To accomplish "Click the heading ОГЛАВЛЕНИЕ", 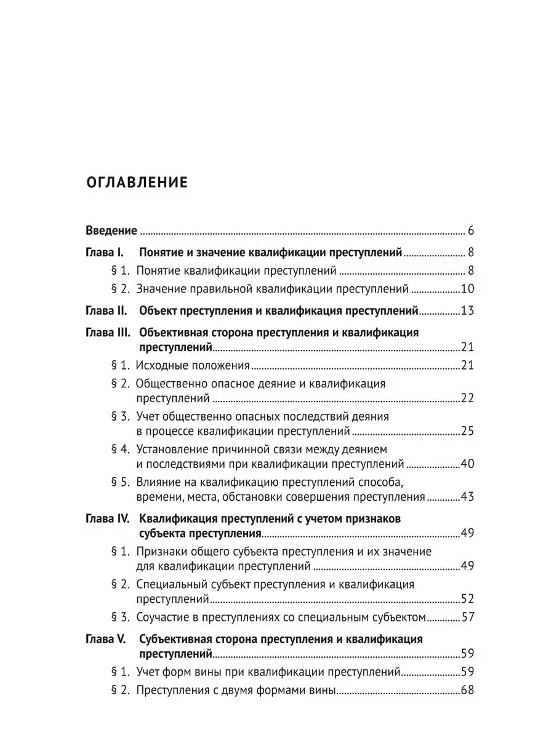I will pyautogui.click(x=136, y=182).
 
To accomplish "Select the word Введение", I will pyautogui.click(x=111, y=231).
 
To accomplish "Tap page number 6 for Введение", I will pyautogui.click(x=470, y=231).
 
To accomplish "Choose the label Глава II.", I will pyautogui.click(x=105, y=310).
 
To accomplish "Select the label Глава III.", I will pyautogui.click(x=107, y=333).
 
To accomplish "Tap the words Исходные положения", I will pyautogui.click(x=193, y=365).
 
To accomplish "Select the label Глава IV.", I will pyautogui.click(x=107, y=519).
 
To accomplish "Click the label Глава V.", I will pyautogui.click(x=105, y=639).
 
